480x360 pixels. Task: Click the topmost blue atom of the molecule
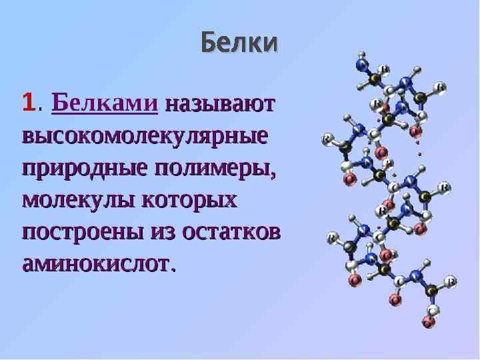pyautogui.click(x=361, y=65)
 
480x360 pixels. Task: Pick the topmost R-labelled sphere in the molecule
pyautogui.click(x=384, y=69)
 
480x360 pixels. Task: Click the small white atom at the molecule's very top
pyautogui.click(x=361, y=54)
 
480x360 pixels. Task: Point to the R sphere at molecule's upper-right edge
pyautogui.click(x=439, y=87)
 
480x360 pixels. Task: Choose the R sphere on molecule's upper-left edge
pyautogui.click(x=328, y=139)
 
